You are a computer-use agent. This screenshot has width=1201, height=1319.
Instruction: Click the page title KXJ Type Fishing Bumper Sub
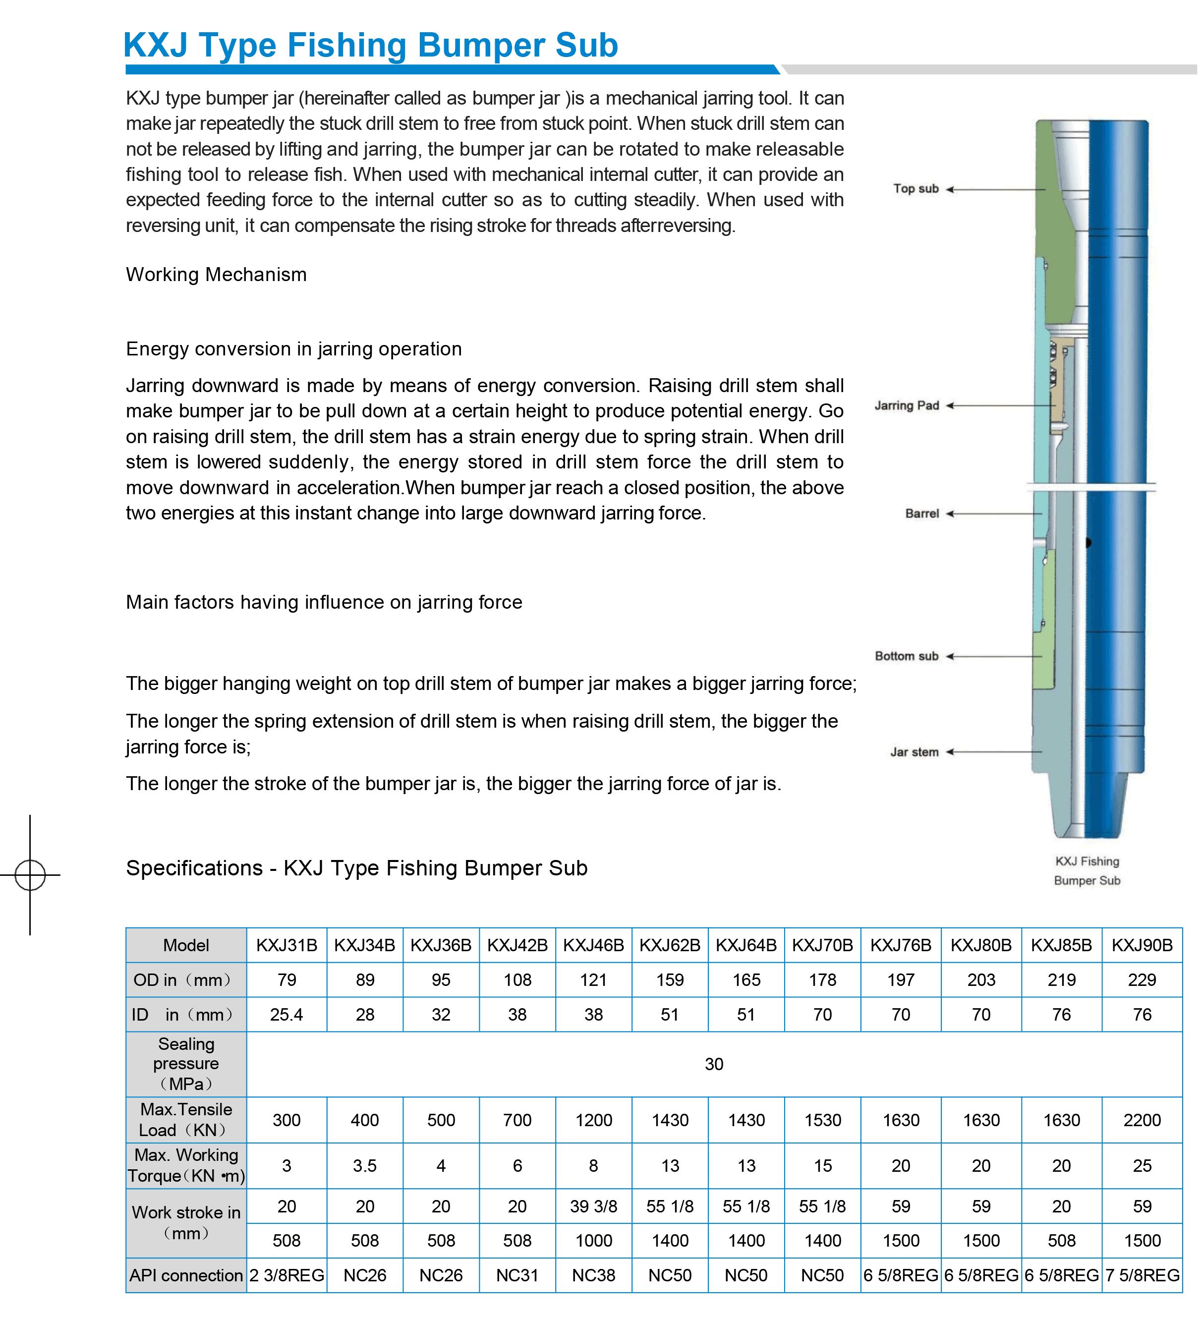370,45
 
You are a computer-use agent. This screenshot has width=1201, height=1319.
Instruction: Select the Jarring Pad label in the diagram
906,405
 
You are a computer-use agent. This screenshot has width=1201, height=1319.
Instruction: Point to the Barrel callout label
921,514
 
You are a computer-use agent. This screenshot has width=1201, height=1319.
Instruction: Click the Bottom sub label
906,656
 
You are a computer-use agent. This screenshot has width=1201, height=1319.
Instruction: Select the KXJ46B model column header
593,945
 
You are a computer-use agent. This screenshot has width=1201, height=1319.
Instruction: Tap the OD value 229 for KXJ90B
1142,980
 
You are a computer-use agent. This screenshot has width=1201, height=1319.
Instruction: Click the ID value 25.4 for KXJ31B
286,1015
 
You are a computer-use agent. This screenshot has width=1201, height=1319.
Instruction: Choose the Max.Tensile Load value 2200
1142,1120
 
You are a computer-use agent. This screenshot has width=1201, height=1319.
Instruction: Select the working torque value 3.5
364,1166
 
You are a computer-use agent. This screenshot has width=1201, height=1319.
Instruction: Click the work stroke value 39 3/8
593,1206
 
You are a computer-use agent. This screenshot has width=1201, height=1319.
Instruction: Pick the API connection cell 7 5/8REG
1142,1275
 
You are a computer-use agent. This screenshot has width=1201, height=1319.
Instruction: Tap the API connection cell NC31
517,1275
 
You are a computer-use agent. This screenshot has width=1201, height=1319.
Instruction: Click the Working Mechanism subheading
216,274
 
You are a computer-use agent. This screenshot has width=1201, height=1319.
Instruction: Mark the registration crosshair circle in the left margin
30,875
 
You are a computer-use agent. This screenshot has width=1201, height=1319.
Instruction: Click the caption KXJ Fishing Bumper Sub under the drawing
1087,871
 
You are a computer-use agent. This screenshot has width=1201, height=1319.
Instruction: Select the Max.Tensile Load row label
186,1120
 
